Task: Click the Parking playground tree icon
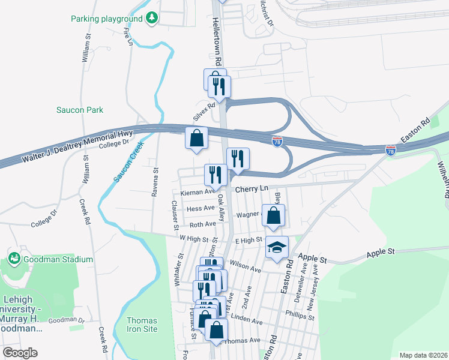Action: [x=152, y=18]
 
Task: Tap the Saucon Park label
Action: [x=80, y=110]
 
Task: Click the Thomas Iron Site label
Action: [x=142, y=325]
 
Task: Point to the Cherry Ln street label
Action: [x=252, y=189]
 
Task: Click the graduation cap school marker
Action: [x=277, y=247]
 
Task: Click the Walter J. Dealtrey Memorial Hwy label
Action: [x=77, y=149]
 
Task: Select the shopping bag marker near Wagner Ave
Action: [x=273, y=215]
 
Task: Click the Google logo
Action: [x=20, y=352]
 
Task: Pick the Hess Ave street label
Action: [x=200, y=208]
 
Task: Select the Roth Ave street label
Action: [x=202, y=224]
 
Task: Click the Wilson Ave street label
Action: [x=247, y=268]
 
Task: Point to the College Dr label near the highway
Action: [x=114, y=143]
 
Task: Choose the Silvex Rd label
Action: [x=204, y=110]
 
